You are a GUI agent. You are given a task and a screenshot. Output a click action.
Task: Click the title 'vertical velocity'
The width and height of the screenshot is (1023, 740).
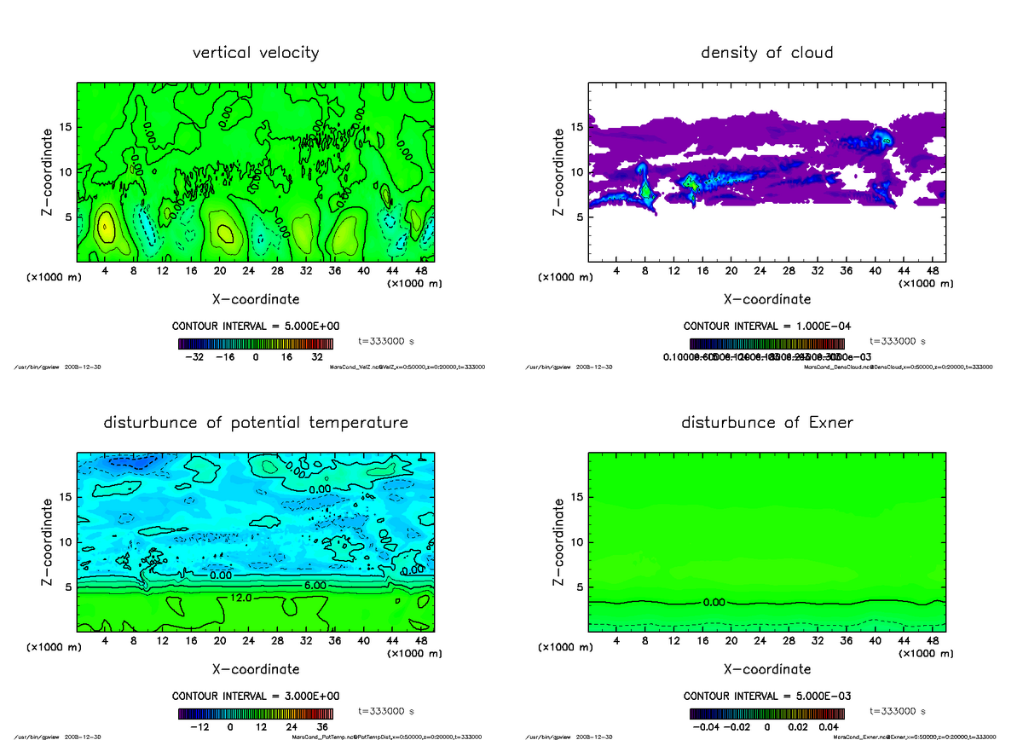click(256, 53)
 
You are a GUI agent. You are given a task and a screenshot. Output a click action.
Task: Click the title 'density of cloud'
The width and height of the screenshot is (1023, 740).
click(766, 53)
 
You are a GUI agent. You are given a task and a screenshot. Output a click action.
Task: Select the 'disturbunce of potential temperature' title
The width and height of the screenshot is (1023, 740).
click(256, 423)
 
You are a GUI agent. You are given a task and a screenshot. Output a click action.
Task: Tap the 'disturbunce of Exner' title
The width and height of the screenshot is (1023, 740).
click(766, 423)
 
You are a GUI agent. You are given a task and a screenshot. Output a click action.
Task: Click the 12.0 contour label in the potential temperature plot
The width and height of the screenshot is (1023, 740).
click(240, 599)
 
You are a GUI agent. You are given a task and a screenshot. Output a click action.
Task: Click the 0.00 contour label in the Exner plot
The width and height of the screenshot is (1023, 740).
click(714, 603)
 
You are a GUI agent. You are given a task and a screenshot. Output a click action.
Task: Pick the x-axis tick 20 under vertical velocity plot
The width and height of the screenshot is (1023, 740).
click(219, 271)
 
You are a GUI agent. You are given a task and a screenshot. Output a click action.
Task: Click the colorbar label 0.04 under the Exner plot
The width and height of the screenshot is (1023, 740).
click(830, 726)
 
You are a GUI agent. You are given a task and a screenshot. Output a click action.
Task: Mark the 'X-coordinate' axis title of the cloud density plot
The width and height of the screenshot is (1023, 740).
click(766, 299)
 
